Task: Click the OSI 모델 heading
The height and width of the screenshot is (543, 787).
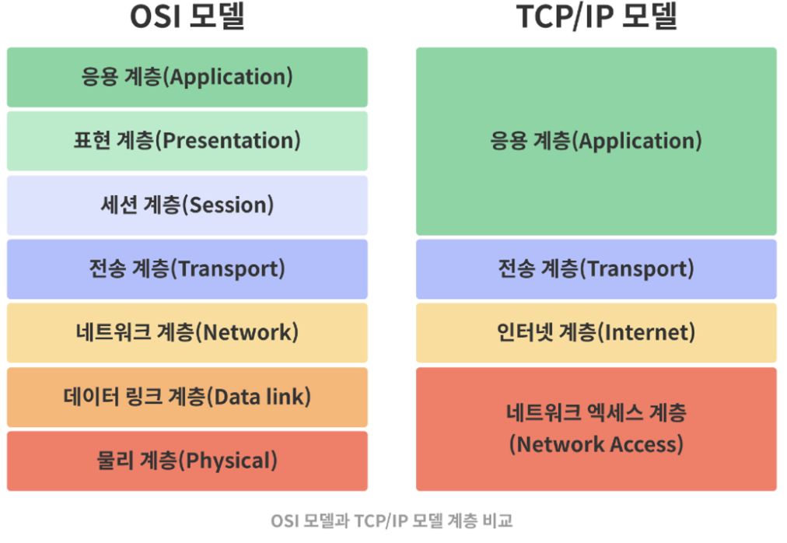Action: (187, 16)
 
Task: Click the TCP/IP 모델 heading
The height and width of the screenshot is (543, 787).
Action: (596, 16)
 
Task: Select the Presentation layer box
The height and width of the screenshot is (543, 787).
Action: (187, 141)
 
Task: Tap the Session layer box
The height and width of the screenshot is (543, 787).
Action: (187, 205)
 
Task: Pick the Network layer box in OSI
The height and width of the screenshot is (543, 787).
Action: (187, 332)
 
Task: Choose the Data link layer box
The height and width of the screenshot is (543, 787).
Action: (187, 397)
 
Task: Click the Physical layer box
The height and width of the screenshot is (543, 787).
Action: (187, 461)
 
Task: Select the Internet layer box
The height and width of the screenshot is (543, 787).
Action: (596, 332)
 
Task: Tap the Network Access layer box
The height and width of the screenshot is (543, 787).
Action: (596, 429)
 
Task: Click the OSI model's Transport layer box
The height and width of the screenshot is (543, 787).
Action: (187, 268)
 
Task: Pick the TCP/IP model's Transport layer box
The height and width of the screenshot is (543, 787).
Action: (596, 268)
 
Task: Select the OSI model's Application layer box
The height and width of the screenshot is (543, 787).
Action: (187, 77)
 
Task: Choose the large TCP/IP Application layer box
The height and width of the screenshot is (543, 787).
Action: (596, 141)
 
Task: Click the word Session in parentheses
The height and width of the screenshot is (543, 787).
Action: (229, 205)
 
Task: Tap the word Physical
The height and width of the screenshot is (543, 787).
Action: (229, 461)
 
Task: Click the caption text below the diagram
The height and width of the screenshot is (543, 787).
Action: (392, 521)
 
